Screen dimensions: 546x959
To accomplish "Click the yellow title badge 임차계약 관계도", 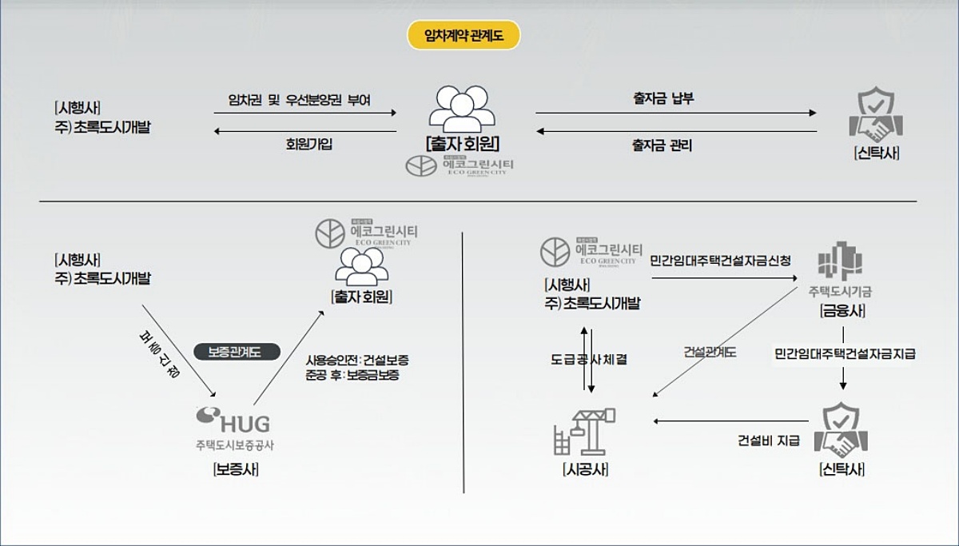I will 464,35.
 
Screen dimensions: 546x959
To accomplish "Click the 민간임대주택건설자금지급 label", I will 845,353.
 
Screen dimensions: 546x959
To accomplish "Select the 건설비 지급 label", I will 768,440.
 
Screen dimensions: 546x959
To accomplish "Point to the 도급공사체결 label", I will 589,360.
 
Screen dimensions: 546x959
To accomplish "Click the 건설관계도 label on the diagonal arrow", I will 710,352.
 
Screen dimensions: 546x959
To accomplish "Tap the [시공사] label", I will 584,470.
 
